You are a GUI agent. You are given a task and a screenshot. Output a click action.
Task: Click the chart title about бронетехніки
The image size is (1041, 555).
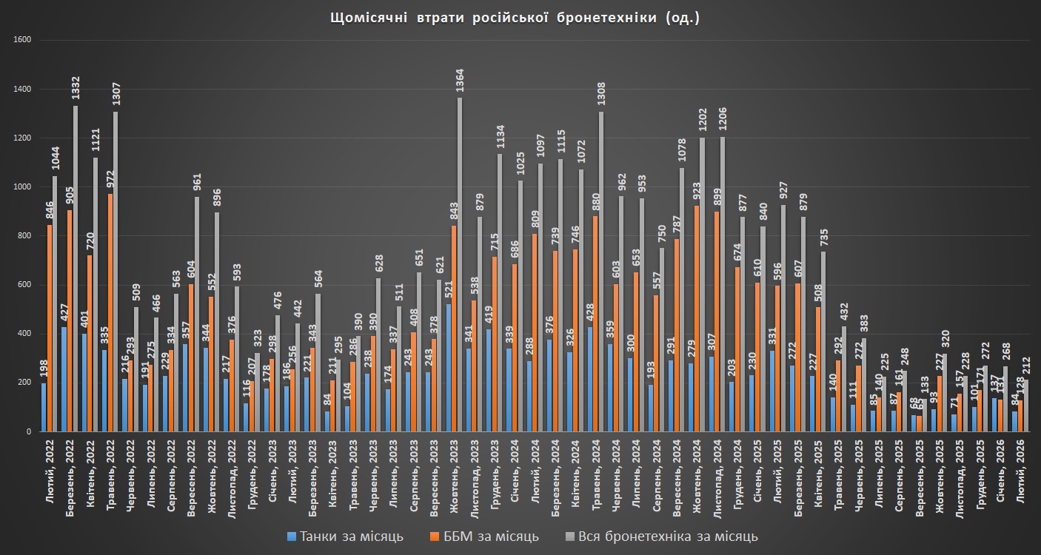click(x=514, y=18)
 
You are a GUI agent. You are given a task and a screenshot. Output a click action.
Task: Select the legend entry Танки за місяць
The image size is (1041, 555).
click(x=346, y=536)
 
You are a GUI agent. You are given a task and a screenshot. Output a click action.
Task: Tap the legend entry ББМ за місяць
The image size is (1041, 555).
click(x=483, y=536)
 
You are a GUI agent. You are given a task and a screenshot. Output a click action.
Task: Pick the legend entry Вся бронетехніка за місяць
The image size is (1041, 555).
click(x=661, y=536)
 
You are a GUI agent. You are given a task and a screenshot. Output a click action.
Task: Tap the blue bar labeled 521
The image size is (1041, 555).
click(x=447, y=367)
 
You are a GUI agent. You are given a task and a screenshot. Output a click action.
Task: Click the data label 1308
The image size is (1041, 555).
click(x=600, y=92)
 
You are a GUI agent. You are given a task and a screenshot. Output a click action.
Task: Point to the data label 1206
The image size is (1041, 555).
click(x=722, y=118)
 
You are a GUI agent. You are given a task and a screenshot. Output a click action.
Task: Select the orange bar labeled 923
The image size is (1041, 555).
click(x=695, y=318)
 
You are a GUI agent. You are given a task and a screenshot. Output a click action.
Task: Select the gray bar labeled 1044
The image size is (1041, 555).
click(x=54, y=303)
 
